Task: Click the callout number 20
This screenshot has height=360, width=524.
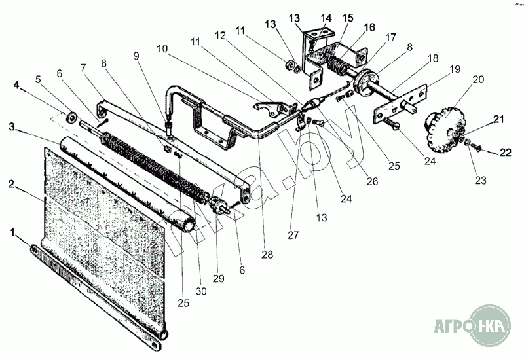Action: [478, 79]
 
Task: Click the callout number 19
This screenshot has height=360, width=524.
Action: [453, 69]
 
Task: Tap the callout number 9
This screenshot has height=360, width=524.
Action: [136, 56]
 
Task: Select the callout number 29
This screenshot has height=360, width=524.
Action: [218, 279]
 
